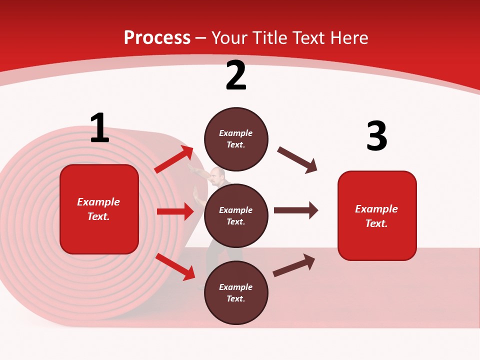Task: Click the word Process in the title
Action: pyautogui.click(x=157, y=38)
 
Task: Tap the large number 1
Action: pyautogui.click(x=99, y=128)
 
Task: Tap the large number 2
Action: pyautogui.click(x=236, y=75)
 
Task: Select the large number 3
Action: pyautogui.click(x=376, y=136)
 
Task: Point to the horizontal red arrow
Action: pyautogui.click(x=175, y=211)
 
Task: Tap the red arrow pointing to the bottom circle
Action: pyautogui.click(x=175, y=266)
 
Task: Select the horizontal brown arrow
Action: pyautogui.click(x=295, y=210)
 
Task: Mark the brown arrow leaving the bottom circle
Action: pyautogui.click(x=294, y=265)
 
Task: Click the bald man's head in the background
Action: pyautogui.click(x=216, y=174)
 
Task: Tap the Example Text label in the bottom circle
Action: pyautogui.click(x=236, y=293)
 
